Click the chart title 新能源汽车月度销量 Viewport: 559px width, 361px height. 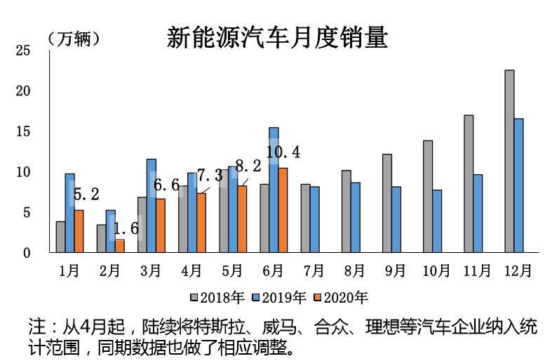pyautogui.click(x=277, y=37)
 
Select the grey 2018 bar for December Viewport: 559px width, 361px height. pyautogui.click(x=509, y=161)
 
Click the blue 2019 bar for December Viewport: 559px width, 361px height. pyautogui.click(x=518, y=185)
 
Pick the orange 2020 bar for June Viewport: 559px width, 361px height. pyautogui.click(x=282, y=210)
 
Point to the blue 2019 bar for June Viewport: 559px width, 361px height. pyautogui.click(x=274, y=190)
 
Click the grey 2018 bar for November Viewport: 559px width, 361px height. pyautogui.click(x=469, y=183)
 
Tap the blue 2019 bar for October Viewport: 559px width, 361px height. pyautogui.click(x=437, y=221)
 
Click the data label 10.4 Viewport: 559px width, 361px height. pyautogui.click(x=283, y=152)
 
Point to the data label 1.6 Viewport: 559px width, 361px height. pyautogui.click(x=126, y=228)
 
